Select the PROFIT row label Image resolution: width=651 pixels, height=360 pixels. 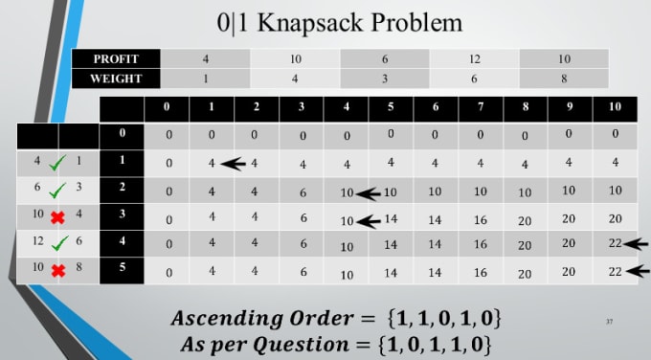[115, 58]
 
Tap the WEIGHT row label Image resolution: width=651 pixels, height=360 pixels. [115, 79]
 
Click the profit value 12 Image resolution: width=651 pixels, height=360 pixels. [474, 58]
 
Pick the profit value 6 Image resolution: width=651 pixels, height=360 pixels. [385, 58]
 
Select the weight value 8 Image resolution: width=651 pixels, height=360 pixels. [563, 79]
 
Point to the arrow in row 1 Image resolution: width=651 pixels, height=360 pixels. [233, 164]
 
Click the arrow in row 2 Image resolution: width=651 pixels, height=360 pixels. [368, 191]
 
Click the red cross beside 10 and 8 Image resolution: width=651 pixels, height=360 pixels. [58, 272]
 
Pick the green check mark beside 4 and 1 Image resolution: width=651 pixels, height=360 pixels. [58, 163]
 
